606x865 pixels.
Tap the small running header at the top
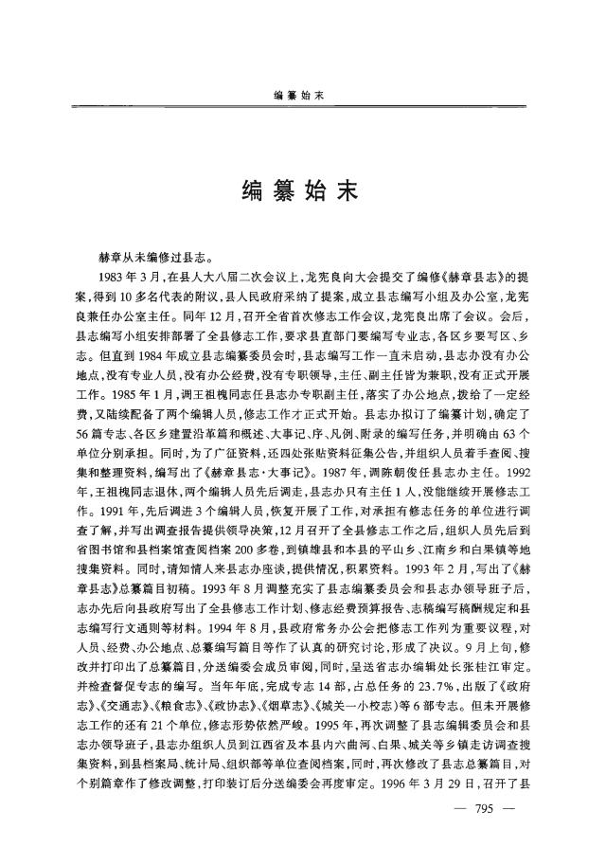tap(302, 95)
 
